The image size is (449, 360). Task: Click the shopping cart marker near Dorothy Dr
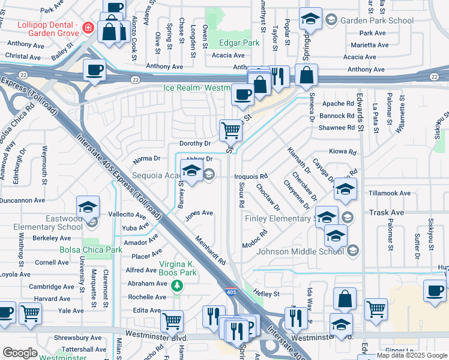[x=231, y=129]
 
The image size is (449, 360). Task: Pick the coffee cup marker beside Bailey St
[x=95, y=70]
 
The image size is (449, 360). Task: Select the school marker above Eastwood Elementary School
[x=88, y=208]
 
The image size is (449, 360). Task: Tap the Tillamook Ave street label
[x=390, y=193]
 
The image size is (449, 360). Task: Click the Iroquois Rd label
[x=250, y=176]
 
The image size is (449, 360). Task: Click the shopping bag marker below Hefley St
[x=345, y=298]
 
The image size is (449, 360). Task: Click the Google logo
[x=19, y=353]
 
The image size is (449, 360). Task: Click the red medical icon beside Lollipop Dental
[x=88, y=26]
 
